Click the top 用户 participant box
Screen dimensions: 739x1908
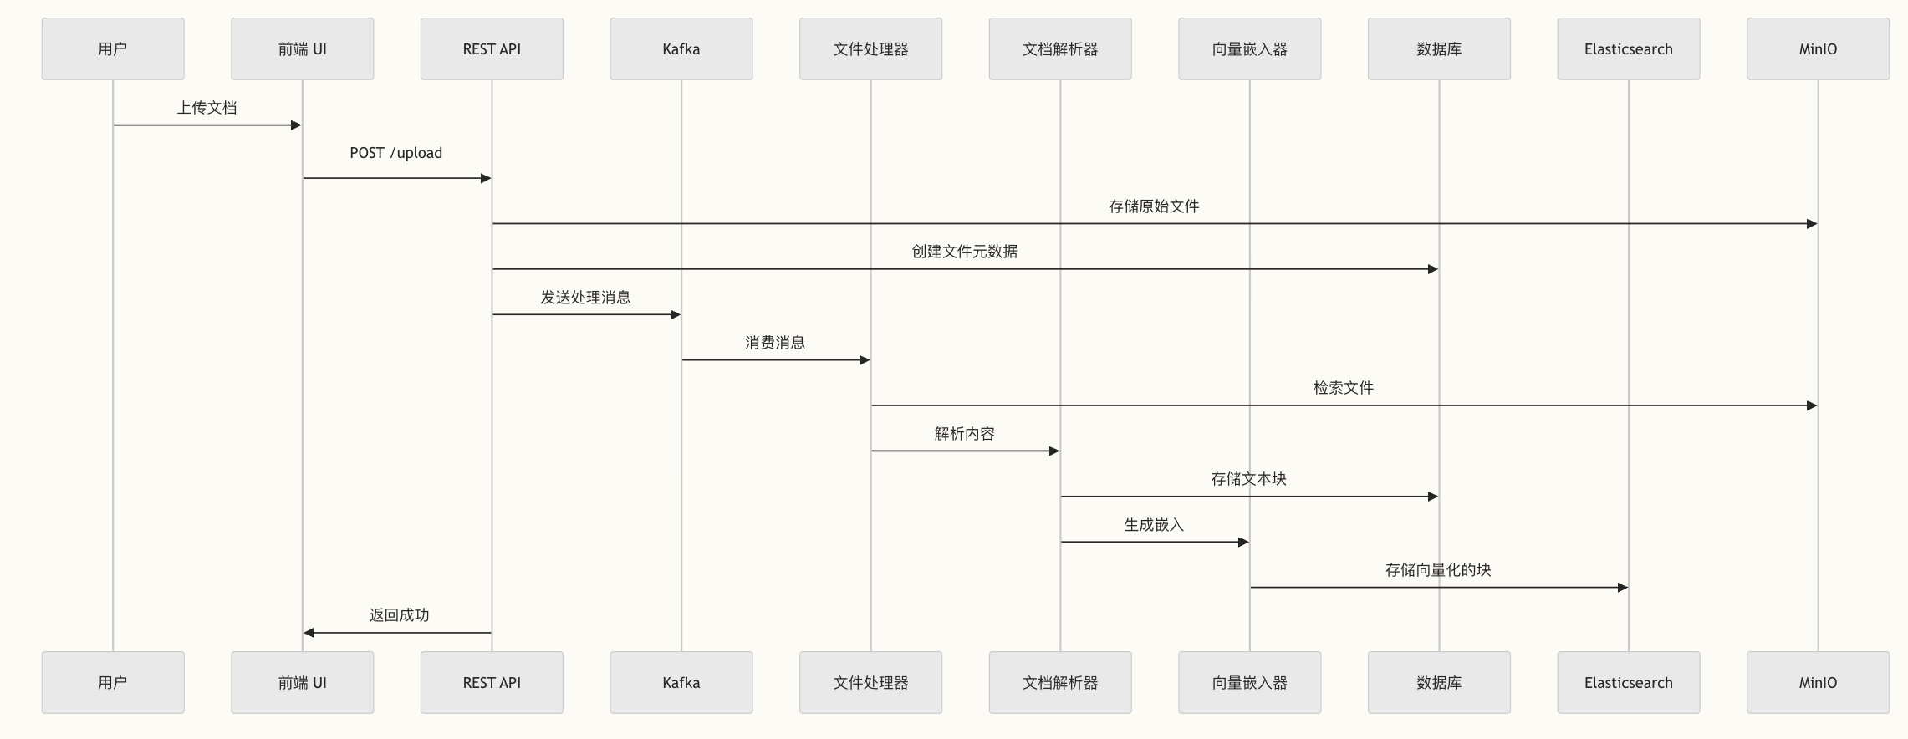pyautogui.click(x=113, y=48)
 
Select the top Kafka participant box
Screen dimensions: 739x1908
pyautogui.click(x=681, y=48)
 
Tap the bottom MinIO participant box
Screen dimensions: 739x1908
pyautogui.click(x=1818, y=682)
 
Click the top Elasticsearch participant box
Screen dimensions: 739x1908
pyautogui.click(x=1628, y=48)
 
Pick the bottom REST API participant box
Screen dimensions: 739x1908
pyautogui.click(x=492, y=682)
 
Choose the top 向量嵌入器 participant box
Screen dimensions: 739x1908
pyautogui.click(x=1249, y=48)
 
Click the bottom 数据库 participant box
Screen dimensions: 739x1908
pyautogui.click(x=1439, y=682)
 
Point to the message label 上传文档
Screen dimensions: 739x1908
pyautogui.click(x=207, y=108)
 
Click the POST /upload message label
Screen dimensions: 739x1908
pyautogui.click(x=395, y=153)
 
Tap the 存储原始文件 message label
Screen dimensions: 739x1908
pyautogui.click(x=1154, y=206)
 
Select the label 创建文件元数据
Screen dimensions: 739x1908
pyautogui.click(x=964, y=252)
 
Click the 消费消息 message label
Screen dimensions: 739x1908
pyautogui.click(x=775, y=343)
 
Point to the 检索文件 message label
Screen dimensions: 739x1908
pyautogui.click(x=1343, y=388)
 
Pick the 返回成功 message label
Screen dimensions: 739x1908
pyautogui.click(x=399, y=615)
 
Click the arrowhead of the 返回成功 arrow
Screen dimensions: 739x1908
pyautogui.click(x=309, y=633)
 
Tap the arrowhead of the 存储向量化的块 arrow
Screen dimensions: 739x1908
pyautogui.click(x=1623, y=588)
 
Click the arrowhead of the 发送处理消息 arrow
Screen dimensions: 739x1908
pyautogui.click(x=676, y=315)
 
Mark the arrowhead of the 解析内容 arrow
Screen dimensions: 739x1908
pyautogui.click(x=1054, y=451)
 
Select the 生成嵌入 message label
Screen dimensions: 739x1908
pyautogui.click(x=1154, y=525)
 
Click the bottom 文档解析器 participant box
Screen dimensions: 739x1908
pyautogui.click(x=1059, y=682)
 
